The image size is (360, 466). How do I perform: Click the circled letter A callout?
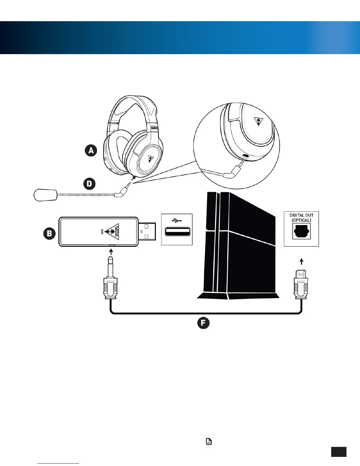(x=91, y=151)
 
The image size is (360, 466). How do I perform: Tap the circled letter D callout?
(x=89, y=184)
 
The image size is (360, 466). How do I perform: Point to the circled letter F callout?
(x=203, y=323)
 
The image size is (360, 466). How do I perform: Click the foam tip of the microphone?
(x=45, y=195)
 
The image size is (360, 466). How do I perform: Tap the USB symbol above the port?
(x=176, y=220)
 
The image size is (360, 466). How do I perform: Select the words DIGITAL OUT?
(x=301, y=215)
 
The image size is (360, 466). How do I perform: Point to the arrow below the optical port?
(x=301, y=261)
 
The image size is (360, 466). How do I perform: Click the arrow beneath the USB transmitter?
(x=111, y=252)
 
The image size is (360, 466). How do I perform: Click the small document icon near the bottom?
(x=209, y=441)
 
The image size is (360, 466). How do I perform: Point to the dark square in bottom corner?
(x=339, y=452)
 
